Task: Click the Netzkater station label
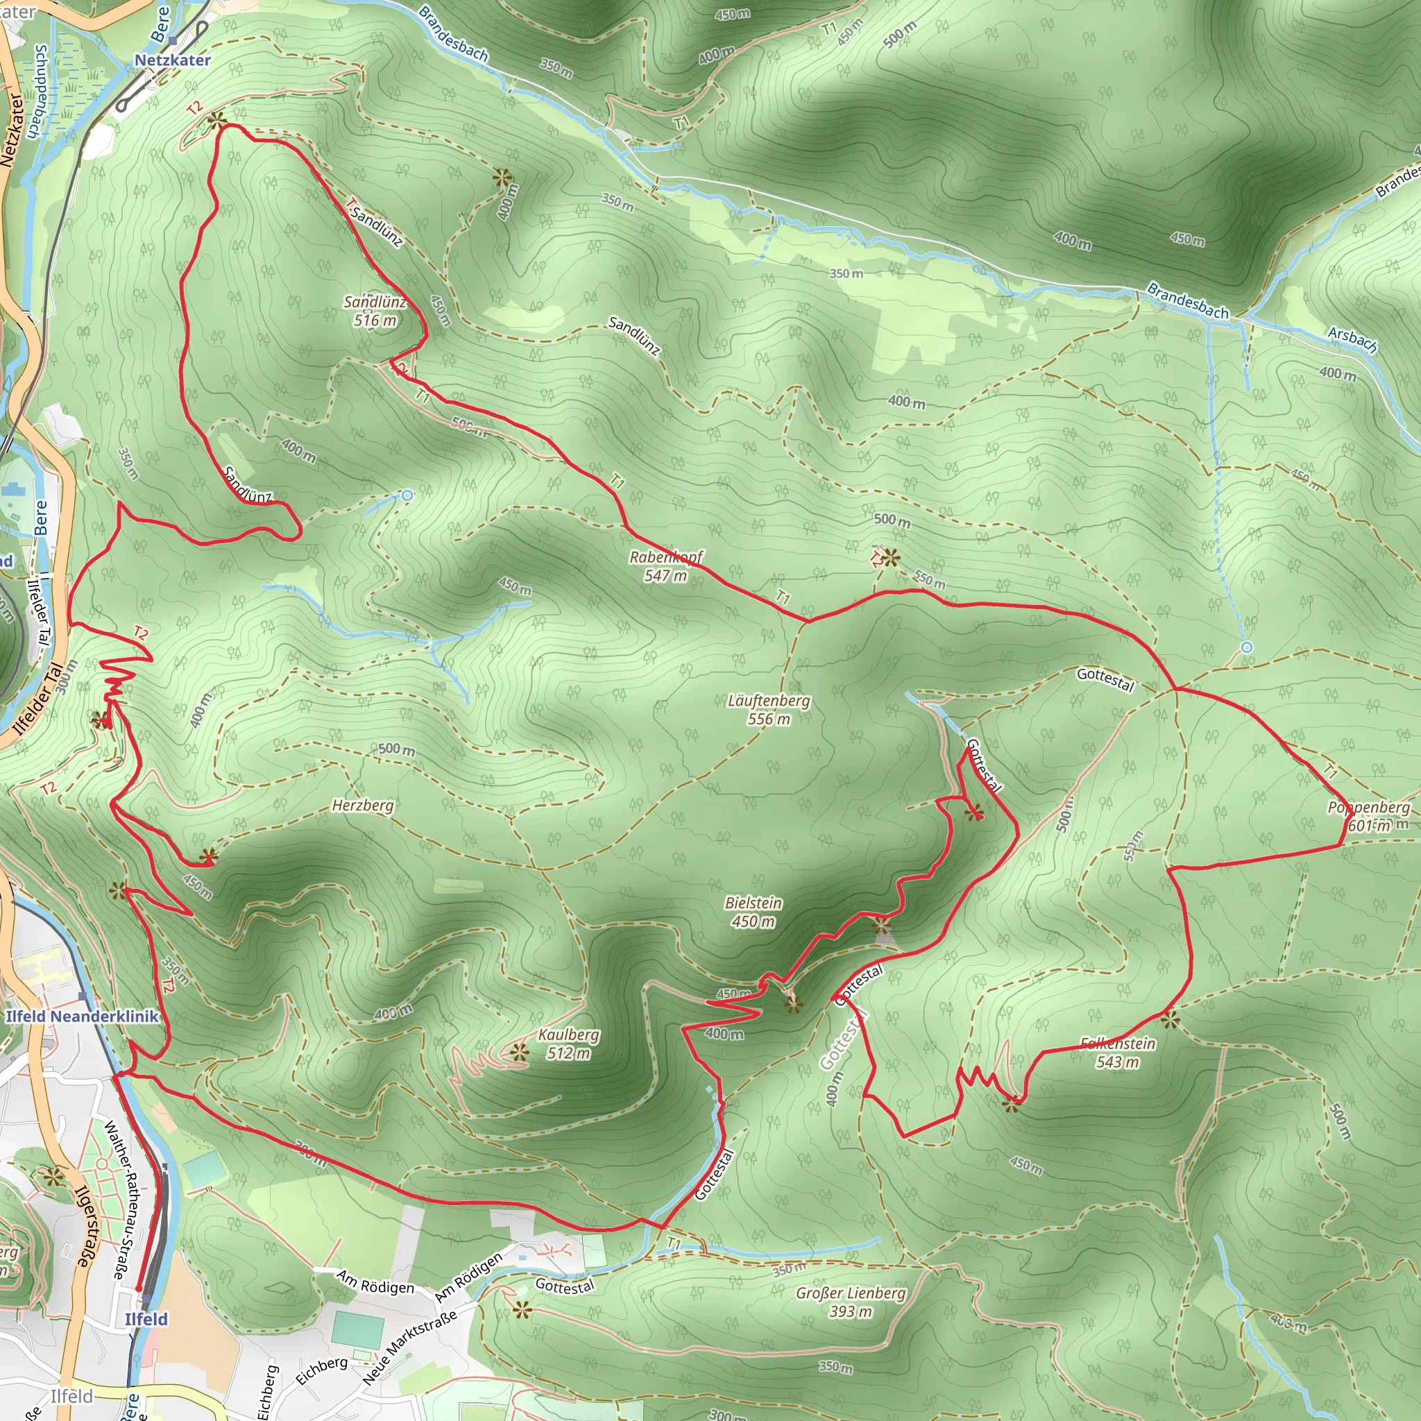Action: coord(172,60)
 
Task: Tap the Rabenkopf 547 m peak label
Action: coord(665,566)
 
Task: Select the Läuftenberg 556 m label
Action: coord(769,710)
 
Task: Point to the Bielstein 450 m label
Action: coord(753,912)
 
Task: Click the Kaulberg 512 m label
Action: coord(568,1044)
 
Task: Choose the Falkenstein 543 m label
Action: coord(1118,1053)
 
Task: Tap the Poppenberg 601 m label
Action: coord(1368,817)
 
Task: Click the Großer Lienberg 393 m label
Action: coord(851,1302)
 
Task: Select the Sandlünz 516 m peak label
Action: coord(375,310)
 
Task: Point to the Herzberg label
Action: coord(363,806)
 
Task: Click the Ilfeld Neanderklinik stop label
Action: coord(82,1016)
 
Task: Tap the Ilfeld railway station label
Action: coord(146,1319)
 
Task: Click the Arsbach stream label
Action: coord(1352,339)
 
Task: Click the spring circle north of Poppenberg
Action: coord(1247,647)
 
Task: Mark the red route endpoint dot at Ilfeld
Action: coord(138,1288)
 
